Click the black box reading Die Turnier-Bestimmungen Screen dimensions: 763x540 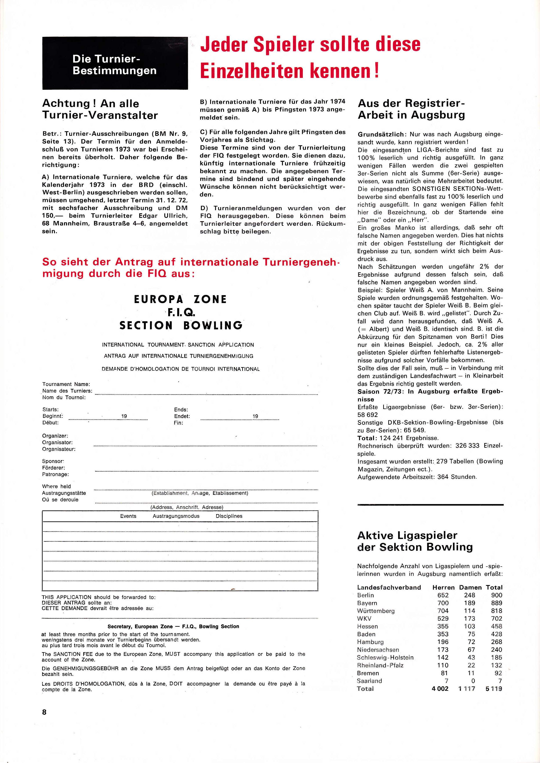coord(115,63)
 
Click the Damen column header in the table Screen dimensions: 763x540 coord(470,587)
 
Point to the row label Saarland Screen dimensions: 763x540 coord(369,680)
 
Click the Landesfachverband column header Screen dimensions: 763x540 coord(389,587)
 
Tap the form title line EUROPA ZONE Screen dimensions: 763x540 coord(180,299)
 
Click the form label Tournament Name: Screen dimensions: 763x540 coord(66,384)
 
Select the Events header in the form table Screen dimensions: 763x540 coord(128,516)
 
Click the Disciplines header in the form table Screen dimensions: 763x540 coord(229,516)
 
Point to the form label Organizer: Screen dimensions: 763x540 coord(55,436)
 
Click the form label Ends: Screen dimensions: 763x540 coord(181,410)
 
